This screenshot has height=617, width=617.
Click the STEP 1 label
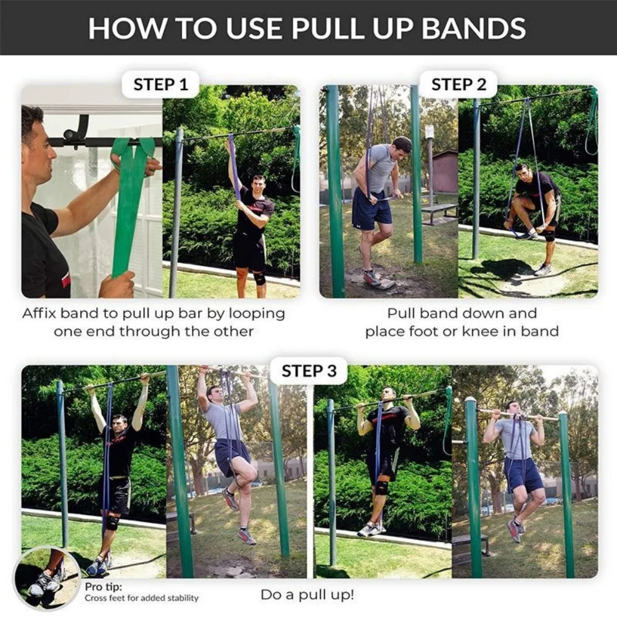160,85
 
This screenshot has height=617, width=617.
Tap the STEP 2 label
458,85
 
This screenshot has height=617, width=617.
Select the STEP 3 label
309,371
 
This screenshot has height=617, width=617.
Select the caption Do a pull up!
307,595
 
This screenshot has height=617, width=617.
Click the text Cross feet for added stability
142,598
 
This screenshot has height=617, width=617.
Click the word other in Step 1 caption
233,331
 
